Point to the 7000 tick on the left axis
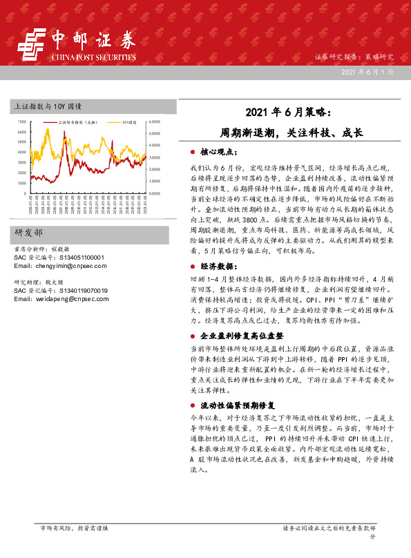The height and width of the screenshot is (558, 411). pos(22,122)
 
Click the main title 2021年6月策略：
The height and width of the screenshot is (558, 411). pos(291,112)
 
